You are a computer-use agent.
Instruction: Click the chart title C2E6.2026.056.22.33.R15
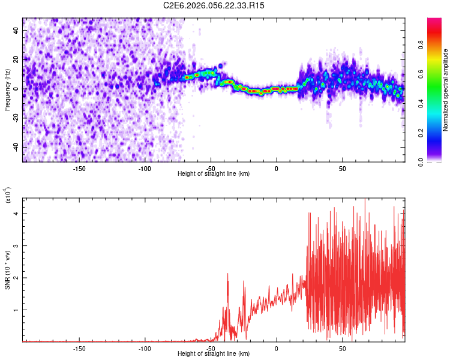pyautogui.click(x=214, y=5)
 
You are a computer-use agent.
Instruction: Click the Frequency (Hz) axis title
pyautogui.click(x=7, y=89)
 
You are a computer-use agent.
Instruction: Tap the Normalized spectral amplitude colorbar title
pyautogui.click(x=446, y=90)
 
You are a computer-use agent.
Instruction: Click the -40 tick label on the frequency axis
pyautogui.click(x=16, y=147)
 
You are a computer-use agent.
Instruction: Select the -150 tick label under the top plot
pyautogui.click(x=79, y=169)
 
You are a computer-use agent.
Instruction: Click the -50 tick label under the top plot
pyautogui.click(x=211, y=169)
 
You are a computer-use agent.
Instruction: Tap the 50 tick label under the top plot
pyautogui.click(x=342, y=169)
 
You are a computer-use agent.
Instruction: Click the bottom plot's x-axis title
pyautogui.click(x=214, y=354)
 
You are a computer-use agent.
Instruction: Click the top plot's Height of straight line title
pyautogui.click(x=214, y=174)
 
